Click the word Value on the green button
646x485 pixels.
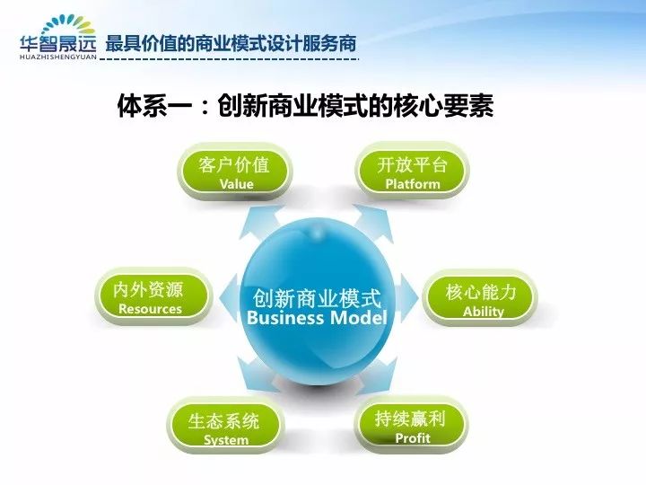click(237, 184)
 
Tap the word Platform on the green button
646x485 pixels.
click(413, 184)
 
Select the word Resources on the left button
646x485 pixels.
click(151, 309)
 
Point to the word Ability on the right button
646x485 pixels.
click(484, 312)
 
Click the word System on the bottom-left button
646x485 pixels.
click(226, 440)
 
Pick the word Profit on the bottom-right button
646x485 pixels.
click(413, 438)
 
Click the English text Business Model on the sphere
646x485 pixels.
click(317, 318)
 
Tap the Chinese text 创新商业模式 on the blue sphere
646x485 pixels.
click(317, 298)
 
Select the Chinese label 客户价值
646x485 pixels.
click(233, 164)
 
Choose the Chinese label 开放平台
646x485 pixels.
click(413, 164)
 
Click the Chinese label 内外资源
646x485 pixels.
click(148, 289)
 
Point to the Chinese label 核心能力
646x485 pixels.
click(481, 292)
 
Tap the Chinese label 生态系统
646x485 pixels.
click(223, 421)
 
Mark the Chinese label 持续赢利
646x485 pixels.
click(410, 419)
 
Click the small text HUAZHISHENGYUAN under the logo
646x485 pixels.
click(57, 57)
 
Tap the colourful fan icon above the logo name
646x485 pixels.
click(68, 25)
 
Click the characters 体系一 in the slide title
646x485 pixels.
click(154, 107)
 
